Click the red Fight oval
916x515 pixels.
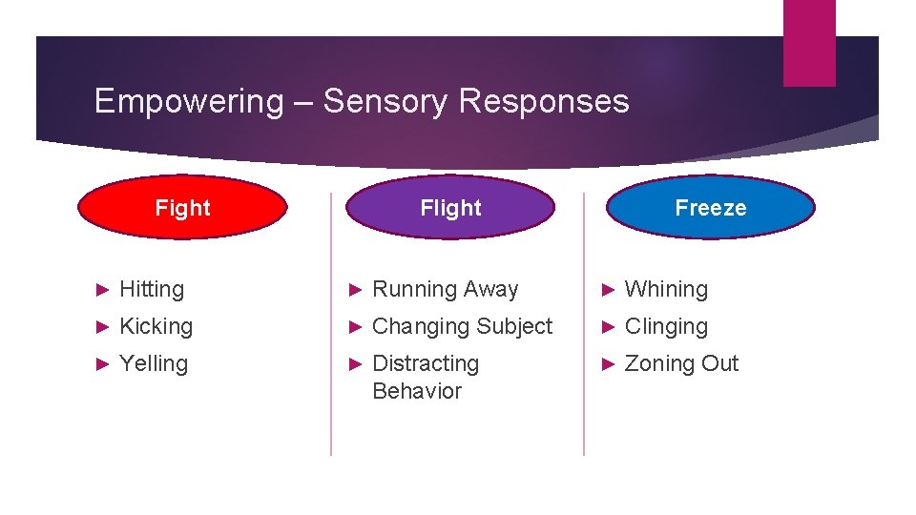click(x=182, y=207)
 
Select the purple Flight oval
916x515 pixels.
click(x=450, y=207)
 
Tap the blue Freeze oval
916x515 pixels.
click(x=711, y=207)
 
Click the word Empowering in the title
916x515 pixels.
click(x=189, y=101)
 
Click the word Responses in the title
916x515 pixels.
click(x=544, y=101)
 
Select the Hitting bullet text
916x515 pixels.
click(x=152, y=289)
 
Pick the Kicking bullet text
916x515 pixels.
click(x=156, y=326)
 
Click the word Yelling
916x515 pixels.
click(x=154, y=363)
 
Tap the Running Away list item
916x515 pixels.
click(x=445, y=289)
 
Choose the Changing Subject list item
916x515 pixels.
click(x=462, y=326)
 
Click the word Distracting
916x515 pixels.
click(x=426, y=363)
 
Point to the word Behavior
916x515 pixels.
click(x=417, y=391)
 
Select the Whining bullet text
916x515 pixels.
click(x=666, y=289)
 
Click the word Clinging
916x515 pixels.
click(x=666, y=326)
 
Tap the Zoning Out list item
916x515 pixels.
click(x=681, y=363)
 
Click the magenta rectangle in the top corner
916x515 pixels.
click(x=809, y=42)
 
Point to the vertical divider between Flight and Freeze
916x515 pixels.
click(x=584, y=324)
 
